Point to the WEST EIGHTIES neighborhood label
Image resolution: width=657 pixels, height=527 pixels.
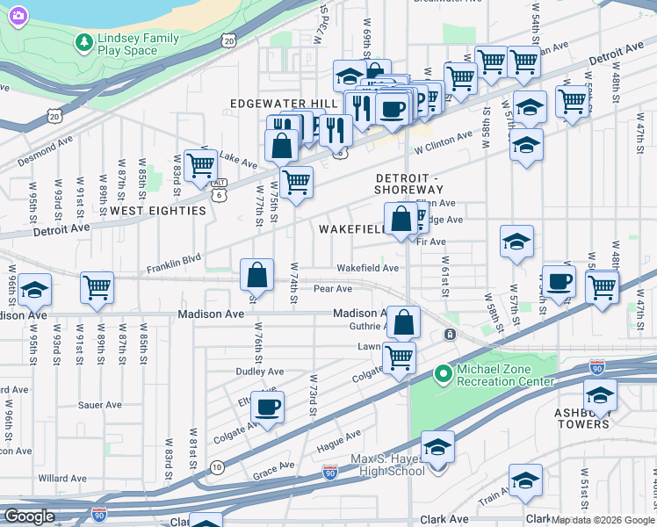coord(158,211)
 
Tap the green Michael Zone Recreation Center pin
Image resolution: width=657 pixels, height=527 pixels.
coord(443,374)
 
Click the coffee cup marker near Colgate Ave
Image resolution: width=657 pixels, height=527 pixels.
coord(267,408)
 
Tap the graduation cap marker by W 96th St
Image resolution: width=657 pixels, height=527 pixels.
coord(34,289)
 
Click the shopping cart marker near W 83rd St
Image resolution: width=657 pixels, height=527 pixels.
coord(201,163)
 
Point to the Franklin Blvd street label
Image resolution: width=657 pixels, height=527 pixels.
coord(174,263)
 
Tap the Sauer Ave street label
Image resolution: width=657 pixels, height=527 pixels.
coord(99,405)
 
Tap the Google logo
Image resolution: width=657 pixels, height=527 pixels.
coord(30,516)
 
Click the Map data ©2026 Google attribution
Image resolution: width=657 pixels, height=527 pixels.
coord(603,520)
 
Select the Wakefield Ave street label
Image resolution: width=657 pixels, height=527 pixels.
coord(368,268)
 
